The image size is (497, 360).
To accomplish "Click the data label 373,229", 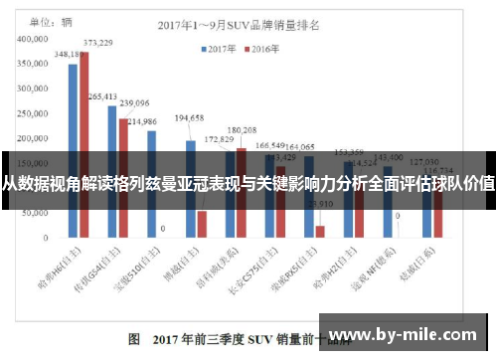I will pos(97,43).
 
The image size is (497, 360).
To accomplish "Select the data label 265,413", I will pos(102,96).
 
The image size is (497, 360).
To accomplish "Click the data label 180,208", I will pos(242,130).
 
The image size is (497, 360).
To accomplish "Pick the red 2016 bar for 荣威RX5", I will pos(320,232).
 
